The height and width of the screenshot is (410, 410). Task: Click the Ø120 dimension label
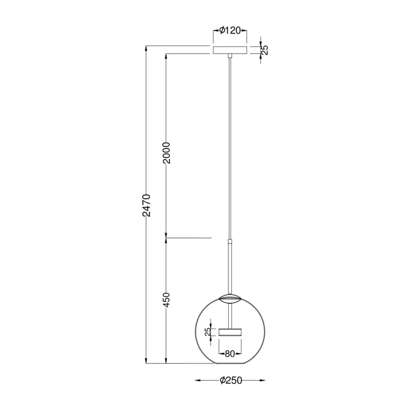pos(230,31)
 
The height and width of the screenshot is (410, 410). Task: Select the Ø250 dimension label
pos(231,380)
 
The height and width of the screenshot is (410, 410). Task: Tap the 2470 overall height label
pos(147,206)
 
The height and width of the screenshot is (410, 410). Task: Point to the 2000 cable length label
pos(166,153)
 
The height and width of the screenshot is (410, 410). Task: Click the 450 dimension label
pos(166,300)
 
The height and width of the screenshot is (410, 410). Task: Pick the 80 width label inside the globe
pos(230,354)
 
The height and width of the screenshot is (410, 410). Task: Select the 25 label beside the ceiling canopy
pos(265,50)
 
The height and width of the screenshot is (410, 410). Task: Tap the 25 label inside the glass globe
pos(208,332)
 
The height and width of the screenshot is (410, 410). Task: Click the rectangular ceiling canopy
pos(230,50)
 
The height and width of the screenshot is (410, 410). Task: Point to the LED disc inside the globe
pos(230,332)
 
